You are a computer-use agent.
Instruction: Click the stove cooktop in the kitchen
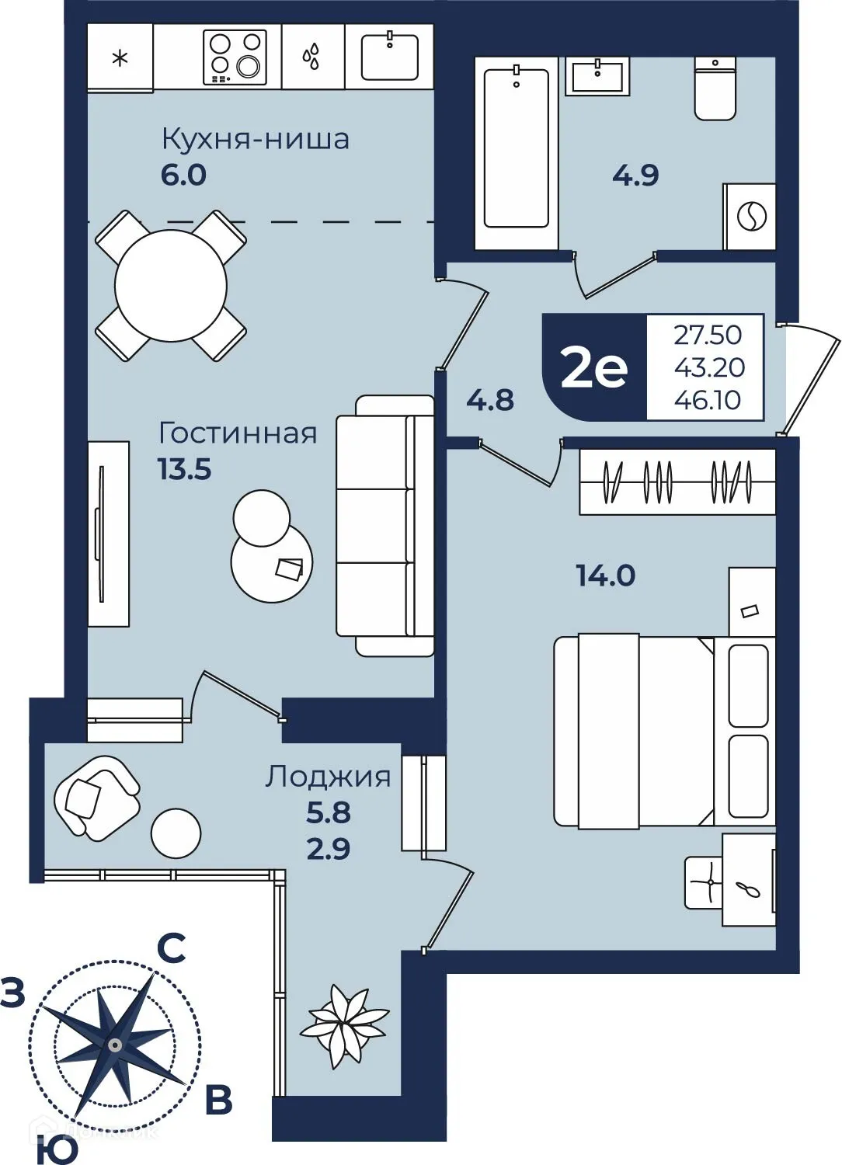[235, 57]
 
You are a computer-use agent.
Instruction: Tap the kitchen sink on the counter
[389, 57]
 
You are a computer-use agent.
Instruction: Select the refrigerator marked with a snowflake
[120, 57]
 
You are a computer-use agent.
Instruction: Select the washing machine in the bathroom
[750, 217]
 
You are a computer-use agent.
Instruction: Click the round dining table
[171, 286]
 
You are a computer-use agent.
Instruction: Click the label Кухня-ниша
[255, 140]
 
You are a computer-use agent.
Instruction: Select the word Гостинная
[238, 433]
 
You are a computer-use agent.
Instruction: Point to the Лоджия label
[328, 777]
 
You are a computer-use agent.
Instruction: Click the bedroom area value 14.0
[605, 576]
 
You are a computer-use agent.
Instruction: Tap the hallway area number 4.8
[490, 400]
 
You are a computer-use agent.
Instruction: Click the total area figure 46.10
[707, 400]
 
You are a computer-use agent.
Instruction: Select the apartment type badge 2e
[594, 368]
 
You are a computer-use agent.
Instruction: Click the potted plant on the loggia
[344, 1024]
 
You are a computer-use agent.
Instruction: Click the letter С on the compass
[172, 948]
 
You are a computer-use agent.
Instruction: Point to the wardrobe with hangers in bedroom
[677, 482]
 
